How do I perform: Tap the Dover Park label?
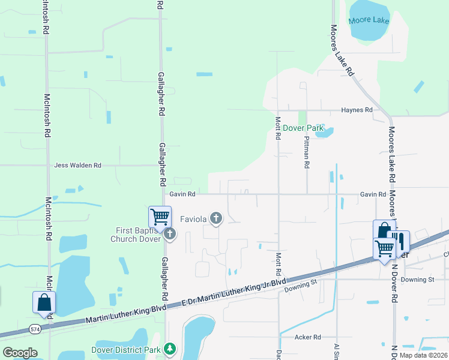coord(303,128)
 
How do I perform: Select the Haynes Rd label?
coord(357,110)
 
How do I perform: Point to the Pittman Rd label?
coord(306,152)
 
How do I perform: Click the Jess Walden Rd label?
coord(78,165)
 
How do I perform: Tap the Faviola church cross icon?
coord(215,219)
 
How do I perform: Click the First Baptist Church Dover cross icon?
coord(169,233)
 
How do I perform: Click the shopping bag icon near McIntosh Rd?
coord(44,302)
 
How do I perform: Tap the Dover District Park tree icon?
coord(170,348)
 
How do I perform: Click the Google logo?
coord(19,353)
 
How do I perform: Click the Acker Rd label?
coord(308,337)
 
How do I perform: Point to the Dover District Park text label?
coord(127,350)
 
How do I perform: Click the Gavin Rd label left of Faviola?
coord(182,194)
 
